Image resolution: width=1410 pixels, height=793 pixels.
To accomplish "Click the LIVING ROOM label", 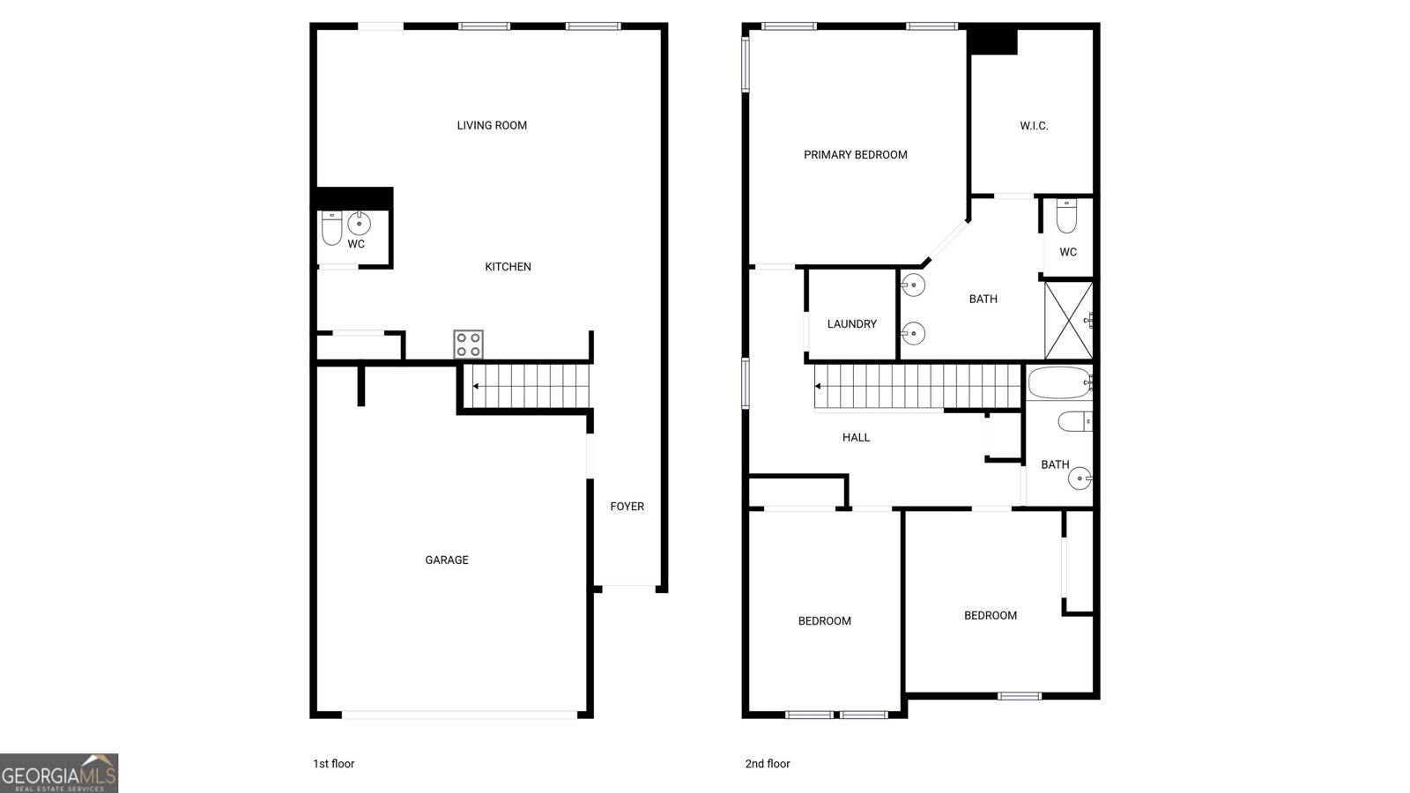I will pos(492,125).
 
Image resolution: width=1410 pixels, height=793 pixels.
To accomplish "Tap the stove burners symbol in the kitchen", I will pos(468,345).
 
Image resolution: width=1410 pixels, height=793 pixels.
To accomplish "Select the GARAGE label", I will pos(447,560).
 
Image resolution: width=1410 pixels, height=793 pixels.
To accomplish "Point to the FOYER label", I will pos(627,506).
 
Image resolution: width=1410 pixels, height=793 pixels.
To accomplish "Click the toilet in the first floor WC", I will pos(331,228).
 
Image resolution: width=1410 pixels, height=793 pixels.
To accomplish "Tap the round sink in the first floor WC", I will pos(360,223).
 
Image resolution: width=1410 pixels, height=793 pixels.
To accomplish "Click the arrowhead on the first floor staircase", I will pos(476,386).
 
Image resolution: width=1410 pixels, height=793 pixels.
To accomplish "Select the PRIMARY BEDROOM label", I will pos(855,154).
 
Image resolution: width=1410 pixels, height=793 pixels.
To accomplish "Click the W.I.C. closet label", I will pos(1034,126).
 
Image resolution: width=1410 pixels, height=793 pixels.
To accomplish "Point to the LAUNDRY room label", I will pos(851,323).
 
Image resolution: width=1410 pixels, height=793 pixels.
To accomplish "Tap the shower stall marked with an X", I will pos(1068,320).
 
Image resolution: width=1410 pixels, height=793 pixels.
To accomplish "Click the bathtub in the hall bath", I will pos(1060,383).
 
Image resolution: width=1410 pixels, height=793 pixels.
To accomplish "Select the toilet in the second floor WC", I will pos(1066,216).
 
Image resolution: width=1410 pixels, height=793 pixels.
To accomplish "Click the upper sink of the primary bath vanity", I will pos(913,285).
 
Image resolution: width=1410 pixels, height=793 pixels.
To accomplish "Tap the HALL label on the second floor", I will pos(856,437).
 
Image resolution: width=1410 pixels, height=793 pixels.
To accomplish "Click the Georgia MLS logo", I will pos(59,773).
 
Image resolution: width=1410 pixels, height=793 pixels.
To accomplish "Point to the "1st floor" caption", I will pos(333,764).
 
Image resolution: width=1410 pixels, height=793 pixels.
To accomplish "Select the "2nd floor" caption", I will pos(767,764).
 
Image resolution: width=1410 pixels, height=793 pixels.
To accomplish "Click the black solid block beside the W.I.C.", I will pos(992,41).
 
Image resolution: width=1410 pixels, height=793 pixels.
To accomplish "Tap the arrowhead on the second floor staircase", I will pos(818,386).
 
